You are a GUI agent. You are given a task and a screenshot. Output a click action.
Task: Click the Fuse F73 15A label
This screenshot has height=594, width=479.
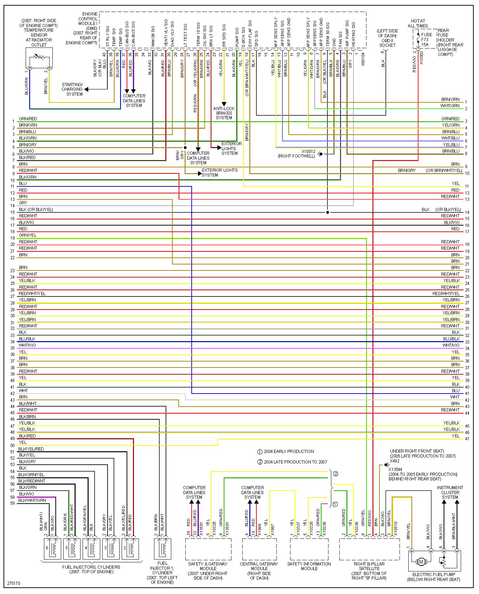426,39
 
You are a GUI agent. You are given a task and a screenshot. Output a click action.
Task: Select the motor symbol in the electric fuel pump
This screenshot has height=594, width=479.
421,562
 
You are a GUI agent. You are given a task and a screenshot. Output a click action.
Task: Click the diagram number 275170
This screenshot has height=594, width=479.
14,583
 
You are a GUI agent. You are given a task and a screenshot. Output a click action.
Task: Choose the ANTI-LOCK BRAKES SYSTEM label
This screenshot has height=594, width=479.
224,113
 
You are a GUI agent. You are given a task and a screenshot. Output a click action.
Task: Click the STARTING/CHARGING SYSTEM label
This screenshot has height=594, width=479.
72,89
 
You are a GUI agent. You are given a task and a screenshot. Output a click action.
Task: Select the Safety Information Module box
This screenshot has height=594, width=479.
309,549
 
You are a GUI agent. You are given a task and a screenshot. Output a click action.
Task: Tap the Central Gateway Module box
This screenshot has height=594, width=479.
259,549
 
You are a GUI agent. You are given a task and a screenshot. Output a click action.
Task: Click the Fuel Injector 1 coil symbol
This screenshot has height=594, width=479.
163,549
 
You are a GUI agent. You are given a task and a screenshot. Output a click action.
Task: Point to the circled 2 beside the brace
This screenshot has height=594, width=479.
336,474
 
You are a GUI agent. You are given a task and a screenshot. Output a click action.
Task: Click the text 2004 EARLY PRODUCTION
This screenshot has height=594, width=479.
289,452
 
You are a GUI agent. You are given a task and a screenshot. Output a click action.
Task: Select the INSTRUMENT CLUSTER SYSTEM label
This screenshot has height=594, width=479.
450,492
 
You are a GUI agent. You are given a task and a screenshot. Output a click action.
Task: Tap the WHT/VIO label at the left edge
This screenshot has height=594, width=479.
27,345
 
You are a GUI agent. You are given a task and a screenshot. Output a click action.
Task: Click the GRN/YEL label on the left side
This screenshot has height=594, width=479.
27,235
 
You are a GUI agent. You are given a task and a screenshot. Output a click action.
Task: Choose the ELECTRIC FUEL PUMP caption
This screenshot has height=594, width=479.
434,577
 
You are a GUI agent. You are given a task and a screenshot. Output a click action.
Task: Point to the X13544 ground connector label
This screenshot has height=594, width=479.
395,469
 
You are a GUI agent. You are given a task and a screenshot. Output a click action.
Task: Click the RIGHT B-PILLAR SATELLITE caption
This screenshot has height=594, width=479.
369,566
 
